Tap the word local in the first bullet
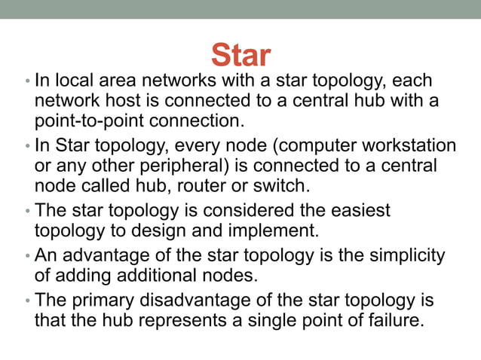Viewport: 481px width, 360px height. [70, 81]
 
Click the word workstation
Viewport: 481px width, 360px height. [408, 145]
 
